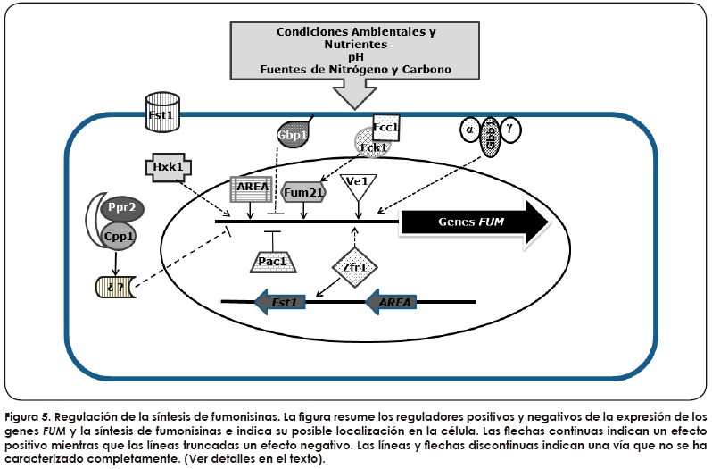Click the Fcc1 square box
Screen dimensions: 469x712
(x=385, y=127)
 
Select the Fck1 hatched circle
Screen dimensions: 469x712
(x=372, y=144)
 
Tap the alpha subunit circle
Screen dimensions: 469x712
(x=469, y=130)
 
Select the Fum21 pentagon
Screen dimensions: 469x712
(x=302, y=190)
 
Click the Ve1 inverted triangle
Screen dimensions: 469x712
(x=358, y=184)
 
